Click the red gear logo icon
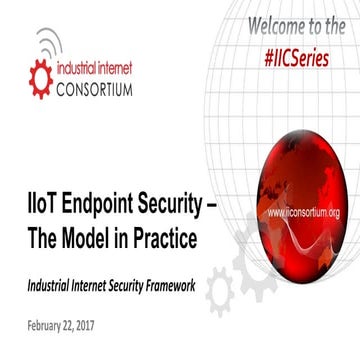pyautogui.click(x=40, y=78)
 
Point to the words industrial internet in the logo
pyautogui.click(x=94, y=68)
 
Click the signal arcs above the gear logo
pyautogui.click(x=46, y=42)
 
